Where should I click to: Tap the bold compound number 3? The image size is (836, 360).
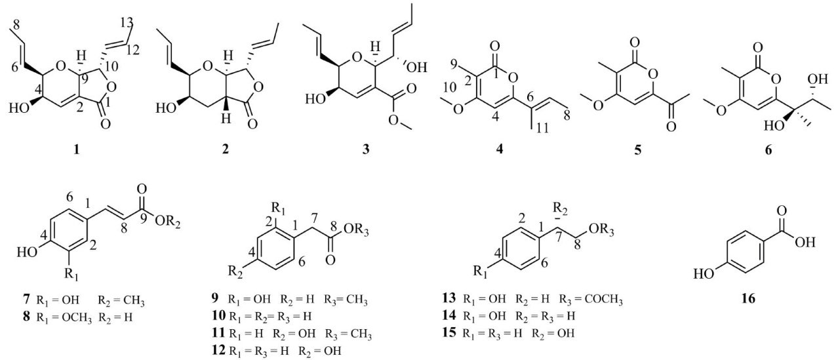(x=366, y=150)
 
